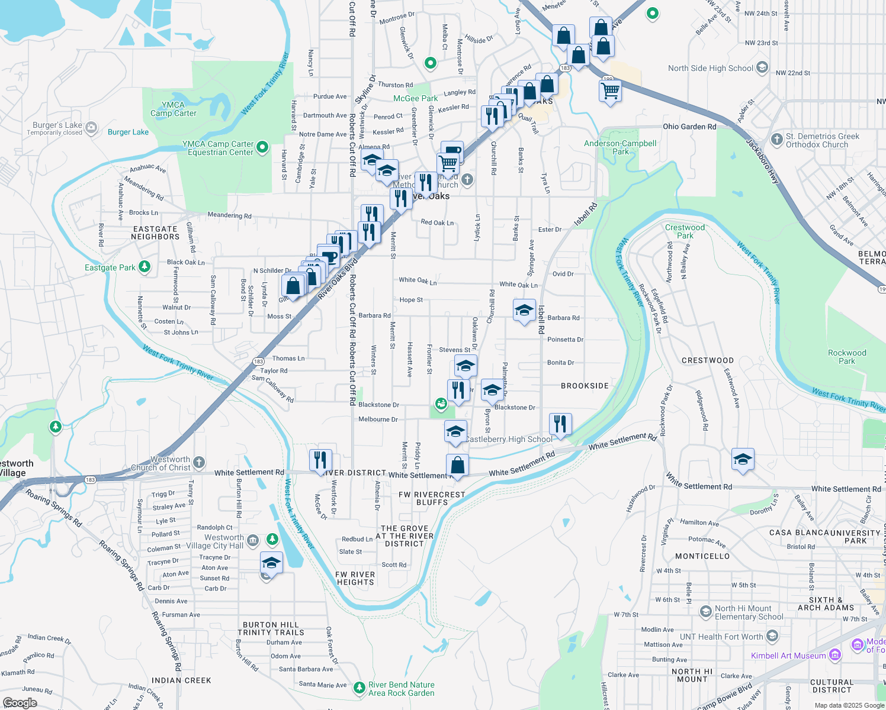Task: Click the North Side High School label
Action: (710, 68)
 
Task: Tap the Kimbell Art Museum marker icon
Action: (835, 655)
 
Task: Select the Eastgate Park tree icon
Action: (145, 267)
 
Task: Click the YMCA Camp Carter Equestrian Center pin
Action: (263, 147)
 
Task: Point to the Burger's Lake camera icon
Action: (91, 127)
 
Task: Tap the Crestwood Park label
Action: (685, 231)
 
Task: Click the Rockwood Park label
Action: (846, 357)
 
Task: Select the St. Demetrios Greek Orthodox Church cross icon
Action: (776, 140)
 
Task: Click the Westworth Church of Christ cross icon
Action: (199, 462)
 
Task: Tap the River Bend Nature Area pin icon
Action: (359, 688)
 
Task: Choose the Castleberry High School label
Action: (509, 439)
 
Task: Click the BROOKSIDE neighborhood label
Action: (585, 386)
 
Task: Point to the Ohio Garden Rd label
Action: (689, 127)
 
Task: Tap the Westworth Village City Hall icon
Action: (252, 540)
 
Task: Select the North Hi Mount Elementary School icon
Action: (705, 612)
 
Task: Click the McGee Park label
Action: (415, 98)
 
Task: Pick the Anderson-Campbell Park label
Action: (620, 147)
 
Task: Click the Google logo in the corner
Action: (20, 702)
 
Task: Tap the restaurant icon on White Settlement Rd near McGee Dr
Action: (320, 460)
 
